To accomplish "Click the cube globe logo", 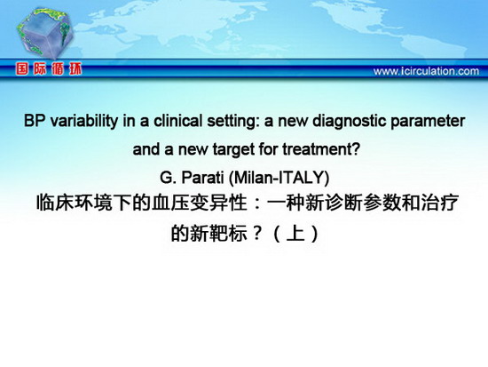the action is click(44, 32).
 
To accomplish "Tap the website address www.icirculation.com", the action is click(426, 71).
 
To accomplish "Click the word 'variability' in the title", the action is click(84, 121).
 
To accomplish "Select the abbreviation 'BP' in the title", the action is click(35, 121).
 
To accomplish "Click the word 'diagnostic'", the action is click(350, 121).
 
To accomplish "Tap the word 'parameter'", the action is click(428, 122).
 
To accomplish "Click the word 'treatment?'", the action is click(321, 149).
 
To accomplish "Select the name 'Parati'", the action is click(202, 178).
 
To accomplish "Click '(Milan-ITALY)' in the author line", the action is click(279, 178).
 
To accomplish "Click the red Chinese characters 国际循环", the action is click(49, 69).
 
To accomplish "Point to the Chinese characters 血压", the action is click(171, 203).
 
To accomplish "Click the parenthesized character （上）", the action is click(295, 233).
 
